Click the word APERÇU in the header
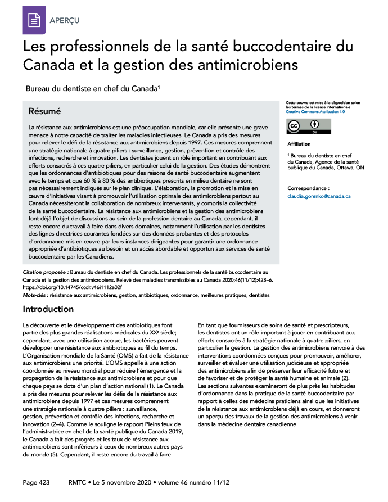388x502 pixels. pyautogui.click(x=65, y=21)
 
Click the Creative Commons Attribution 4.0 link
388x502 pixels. pyautogui.click(x=314, y=112)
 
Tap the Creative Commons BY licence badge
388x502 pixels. pyautogui.click(x=307, y=126)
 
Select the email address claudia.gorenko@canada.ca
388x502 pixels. pyautogui.click(x=319, y=196)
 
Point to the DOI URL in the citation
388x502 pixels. pyautogui.click(x=64, y=287)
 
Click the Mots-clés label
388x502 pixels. pyautogui.click(x=35, y=295)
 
